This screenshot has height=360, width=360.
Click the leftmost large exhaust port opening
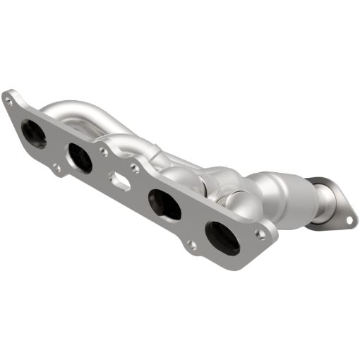[x=34, y=133]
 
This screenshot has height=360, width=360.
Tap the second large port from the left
[x=80, y=157]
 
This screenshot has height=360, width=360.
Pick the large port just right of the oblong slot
[x=164, y=205]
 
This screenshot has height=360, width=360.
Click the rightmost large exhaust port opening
[x=221, y=237]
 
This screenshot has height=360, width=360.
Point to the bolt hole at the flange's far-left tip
[x=8, y=101]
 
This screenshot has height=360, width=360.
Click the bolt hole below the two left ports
[x=56, y=168]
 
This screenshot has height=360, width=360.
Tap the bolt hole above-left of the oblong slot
[x=104, y=150]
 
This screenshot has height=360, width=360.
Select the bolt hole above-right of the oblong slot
[x=135, y=168]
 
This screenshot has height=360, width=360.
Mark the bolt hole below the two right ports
[x=191, y=245]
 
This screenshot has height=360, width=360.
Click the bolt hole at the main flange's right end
[x=261, y=232]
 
